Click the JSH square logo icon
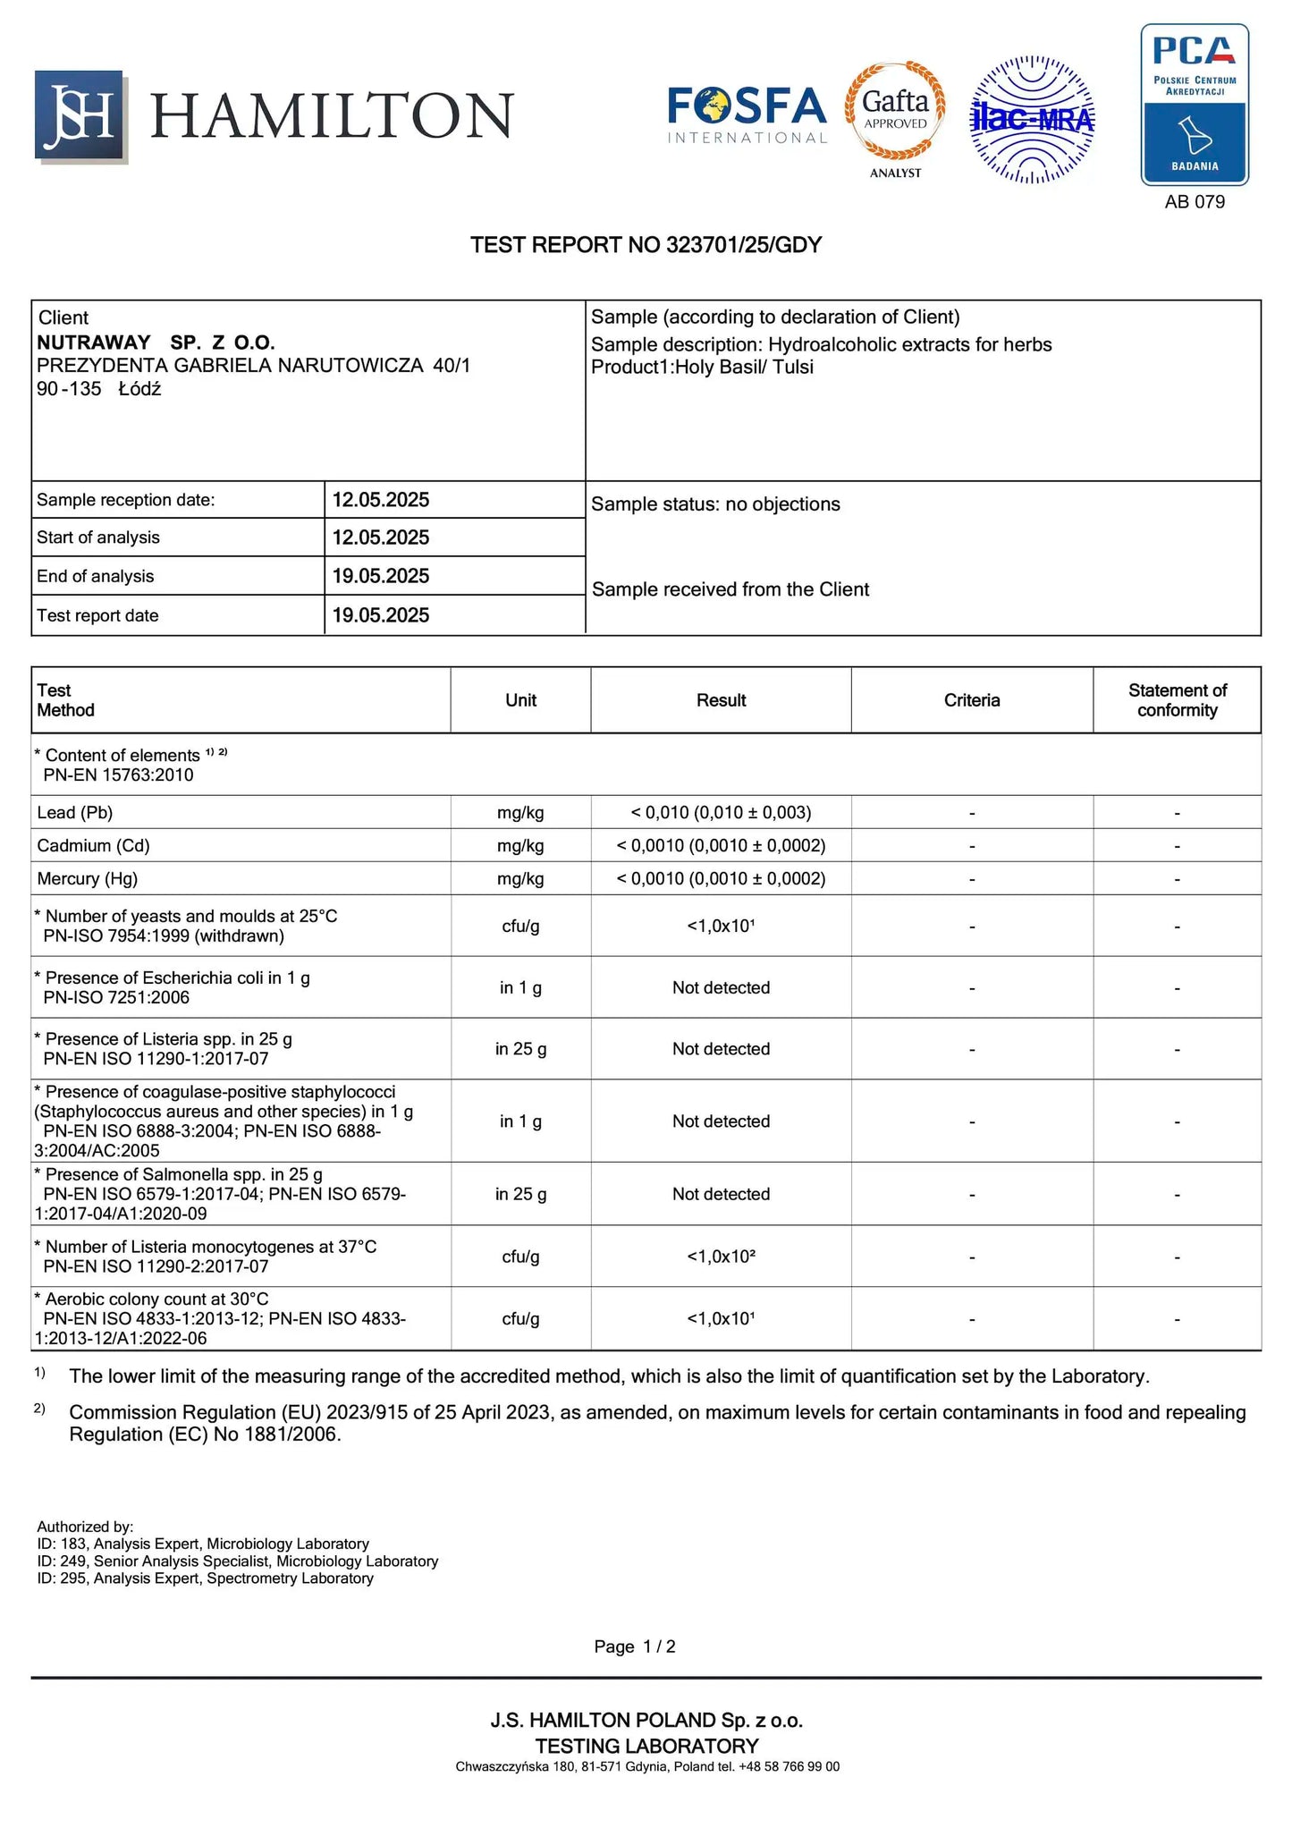tap(80, 115)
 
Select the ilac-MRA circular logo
tap(1032, 119)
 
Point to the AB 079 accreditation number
tap(1194, 202)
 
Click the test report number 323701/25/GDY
tap(646, 245)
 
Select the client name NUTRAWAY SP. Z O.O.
tap(156, 343)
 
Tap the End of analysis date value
tap(381, 576)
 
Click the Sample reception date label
tap(125, 500)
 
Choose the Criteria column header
tap(971, 700)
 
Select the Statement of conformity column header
tap(1177, 700)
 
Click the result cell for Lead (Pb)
tap(721, 812)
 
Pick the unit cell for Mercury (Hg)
tap(520, 878)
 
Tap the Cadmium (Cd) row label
tap(93, 845)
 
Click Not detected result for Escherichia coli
tap(721, 987)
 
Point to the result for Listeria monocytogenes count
tap(721, 1257)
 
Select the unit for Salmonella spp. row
tap(520, 1194)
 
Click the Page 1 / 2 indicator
tap(634, 1646)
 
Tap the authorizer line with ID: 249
tap(237, 1561)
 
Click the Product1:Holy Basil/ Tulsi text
tap(702, 367)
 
